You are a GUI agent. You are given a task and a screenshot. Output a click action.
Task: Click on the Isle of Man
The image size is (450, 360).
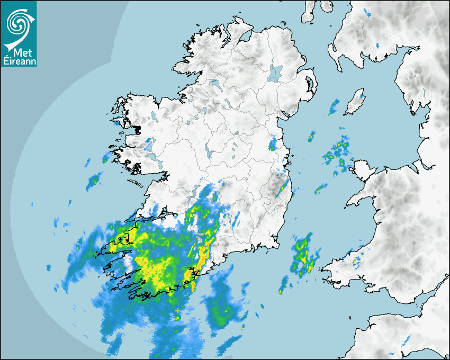pos(355,102)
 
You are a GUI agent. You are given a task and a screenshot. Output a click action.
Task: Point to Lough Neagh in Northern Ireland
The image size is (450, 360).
pos(275,73)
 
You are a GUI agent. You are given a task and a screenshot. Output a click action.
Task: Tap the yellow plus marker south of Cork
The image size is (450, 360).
pos(177,311)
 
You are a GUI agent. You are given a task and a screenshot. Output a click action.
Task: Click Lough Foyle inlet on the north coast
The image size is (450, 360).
pos(244,37)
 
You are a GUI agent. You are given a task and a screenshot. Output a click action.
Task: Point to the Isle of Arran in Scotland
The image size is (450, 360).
pos(309,12)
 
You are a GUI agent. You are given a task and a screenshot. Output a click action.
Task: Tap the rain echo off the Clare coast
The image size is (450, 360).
pos(94,180)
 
